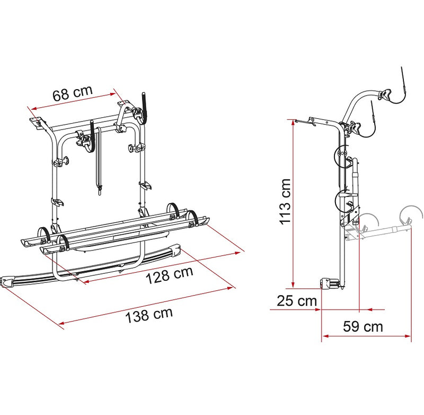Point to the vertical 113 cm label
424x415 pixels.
[285, 202]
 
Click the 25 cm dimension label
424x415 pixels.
[296, 301]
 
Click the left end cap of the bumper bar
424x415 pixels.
[8, 281]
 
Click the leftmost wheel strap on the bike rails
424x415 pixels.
[45, 234]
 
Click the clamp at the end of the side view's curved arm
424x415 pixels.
[385, 96]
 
